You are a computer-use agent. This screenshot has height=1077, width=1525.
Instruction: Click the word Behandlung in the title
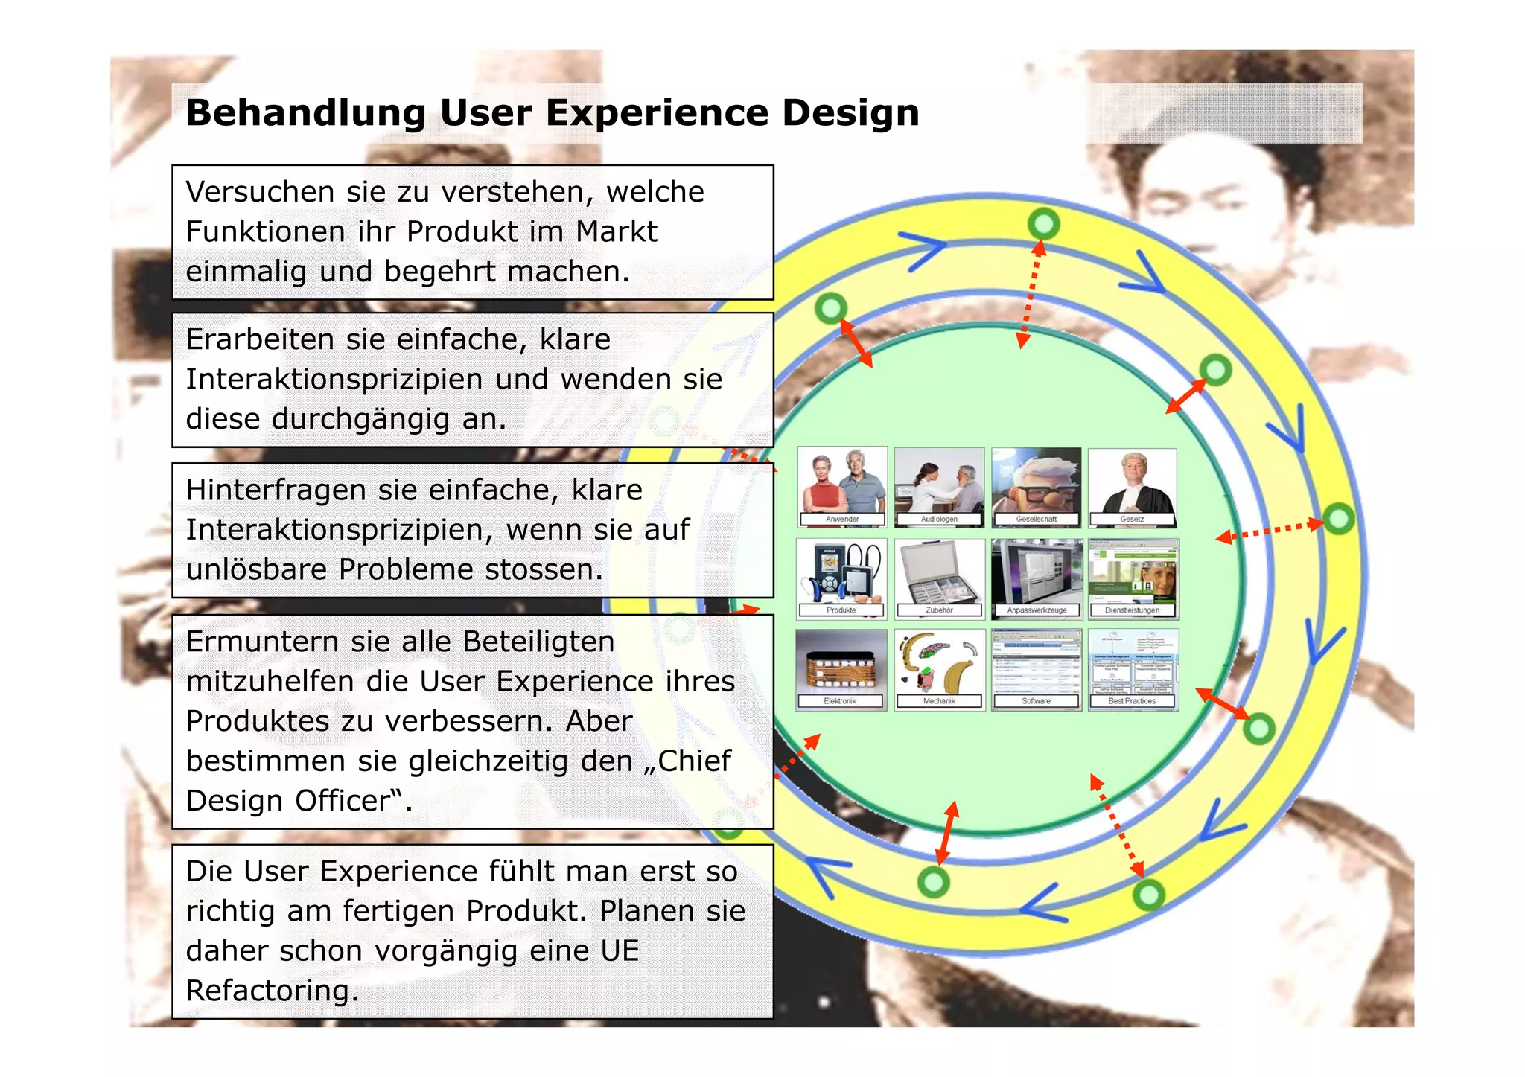[305, 113]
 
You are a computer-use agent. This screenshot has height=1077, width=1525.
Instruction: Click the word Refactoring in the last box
[272, 991]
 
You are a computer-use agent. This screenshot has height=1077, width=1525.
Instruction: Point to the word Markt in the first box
[617, 231]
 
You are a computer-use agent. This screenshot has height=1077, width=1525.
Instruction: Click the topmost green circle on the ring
[1043, 223]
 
